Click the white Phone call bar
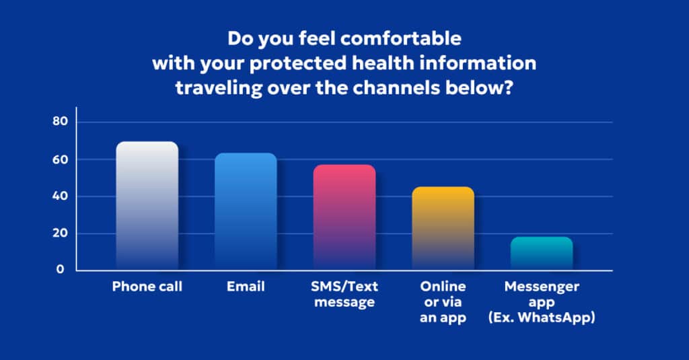(x=147, y=205)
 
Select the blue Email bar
(x=246, y=211)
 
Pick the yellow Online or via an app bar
(x=443, y=228)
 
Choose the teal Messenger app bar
(x=542, y=253)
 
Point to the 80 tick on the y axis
(x=61, y=122)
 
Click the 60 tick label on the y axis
(x=61, y=159)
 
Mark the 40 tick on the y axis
(x=61, y=196)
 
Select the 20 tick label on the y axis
(x=61, y=233)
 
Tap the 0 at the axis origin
(x=61, y=270)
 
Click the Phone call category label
(x=147, y=287)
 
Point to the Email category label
(x=246, y=287)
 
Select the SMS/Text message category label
(x=344, y=294)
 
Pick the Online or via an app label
(x=443, y=302)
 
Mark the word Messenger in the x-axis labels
(x=542, y=287)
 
